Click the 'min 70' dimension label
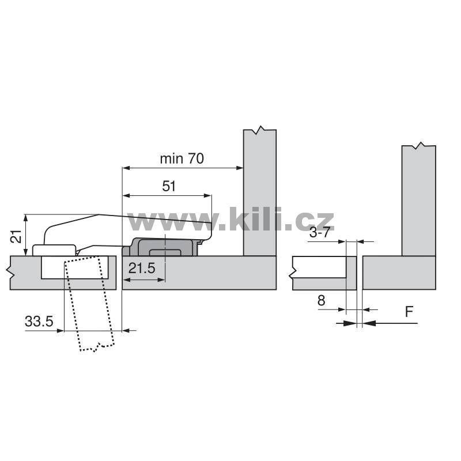182,159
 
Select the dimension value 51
169,186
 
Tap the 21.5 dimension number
142,268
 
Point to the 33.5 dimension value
39,321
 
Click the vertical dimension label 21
16,236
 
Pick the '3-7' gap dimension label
320,233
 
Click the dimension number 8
322,300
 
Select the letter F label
409,312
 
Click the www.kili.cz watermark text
231,220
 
